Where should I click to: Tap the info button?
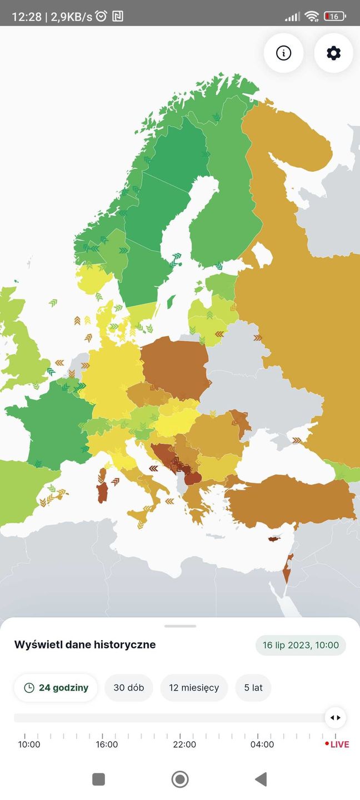point(283,53)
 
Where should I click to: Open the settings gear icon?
point(333,53)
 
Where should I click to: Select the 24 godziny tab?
point(56,688)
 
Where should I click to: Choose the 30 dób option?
point(129,688)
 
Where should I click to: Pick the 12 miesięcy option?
point(194,688)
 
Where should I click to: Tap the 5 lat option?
point(253,688)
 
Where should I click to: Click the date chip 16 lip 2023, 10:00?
point(301,645)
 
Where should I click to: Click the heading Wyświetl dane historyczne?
point(85,645)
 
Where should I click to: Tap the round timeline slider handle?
point(335,718)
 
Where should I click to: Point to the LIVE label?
point(339,744)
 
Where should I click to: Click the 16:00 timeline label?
point(107,744)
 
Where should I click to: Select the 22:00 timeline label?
point(184,744)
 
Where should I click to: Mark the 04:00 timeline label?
point(262,744)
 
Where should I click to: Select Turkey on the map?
point(289,500)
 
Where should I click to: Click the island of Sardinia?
point(102,491)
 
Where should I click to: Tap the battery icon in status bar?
point(334,17)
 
